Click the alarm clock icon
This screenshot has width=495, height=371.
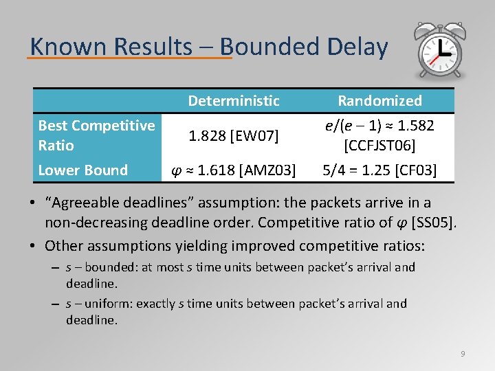tap(438, 52)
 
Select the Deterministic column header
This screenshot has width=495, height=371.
tap(234, 101)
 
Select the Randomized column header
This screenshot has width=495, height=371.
tap(379, 101)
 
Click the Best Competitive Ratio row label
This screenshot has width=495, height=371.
tap(96, 135)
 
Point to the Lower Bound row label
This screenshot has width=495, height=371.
tap(83, 170)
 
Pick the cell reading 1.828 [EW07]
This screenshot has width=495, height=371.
tap(234, 136)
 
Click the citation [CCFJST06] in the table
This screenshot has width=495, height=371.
tap(379, 146)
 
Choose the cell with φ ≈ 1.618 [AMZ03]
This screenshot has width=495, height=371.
tap(234, 170)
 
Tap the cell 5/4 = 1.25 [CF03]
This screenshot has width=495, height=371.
tap(379, 170)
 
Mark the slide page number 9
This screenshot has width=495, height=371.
tap(463, 354)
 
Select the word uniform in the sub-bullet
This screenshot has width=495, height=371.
tap(110, 304)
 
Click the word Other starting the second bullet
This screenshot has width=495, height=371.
tap(65, 245)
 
